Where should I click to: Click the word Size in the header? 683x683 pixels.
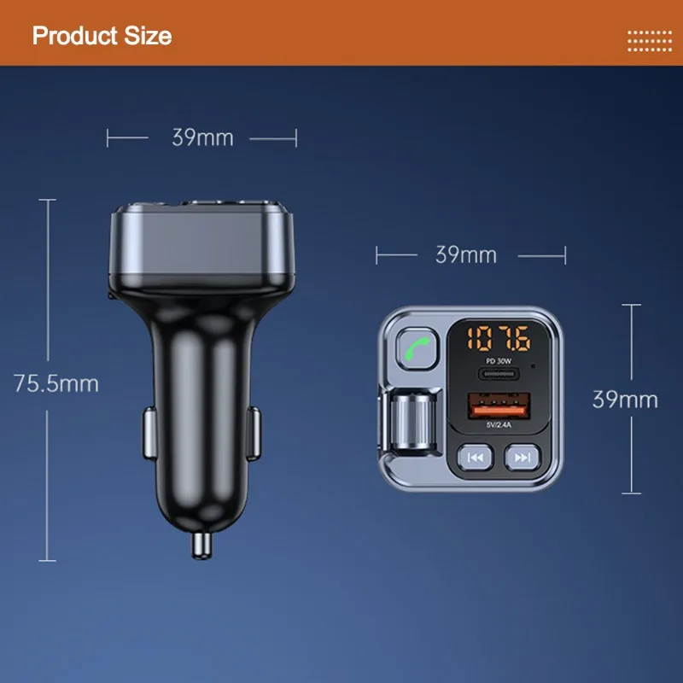point(148,36)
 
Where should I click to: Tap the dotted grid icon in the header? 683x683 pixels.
point(650,41)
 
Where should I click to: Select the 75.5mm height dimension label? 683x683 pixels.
point(56,383)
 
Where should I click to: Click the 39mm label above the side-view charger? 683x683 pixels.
point(202,137)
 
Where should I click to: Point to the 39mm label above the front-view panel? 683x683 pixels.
point(466,254)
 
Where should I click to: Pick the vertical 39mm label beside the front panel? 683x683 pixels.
point(625,400)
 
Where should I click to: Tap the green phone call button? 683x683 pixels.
point(417,349)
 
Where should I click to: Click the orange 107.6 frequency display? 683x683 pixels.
point(499,338)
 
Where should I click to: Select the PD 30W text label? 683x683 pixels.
point(499,361)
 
